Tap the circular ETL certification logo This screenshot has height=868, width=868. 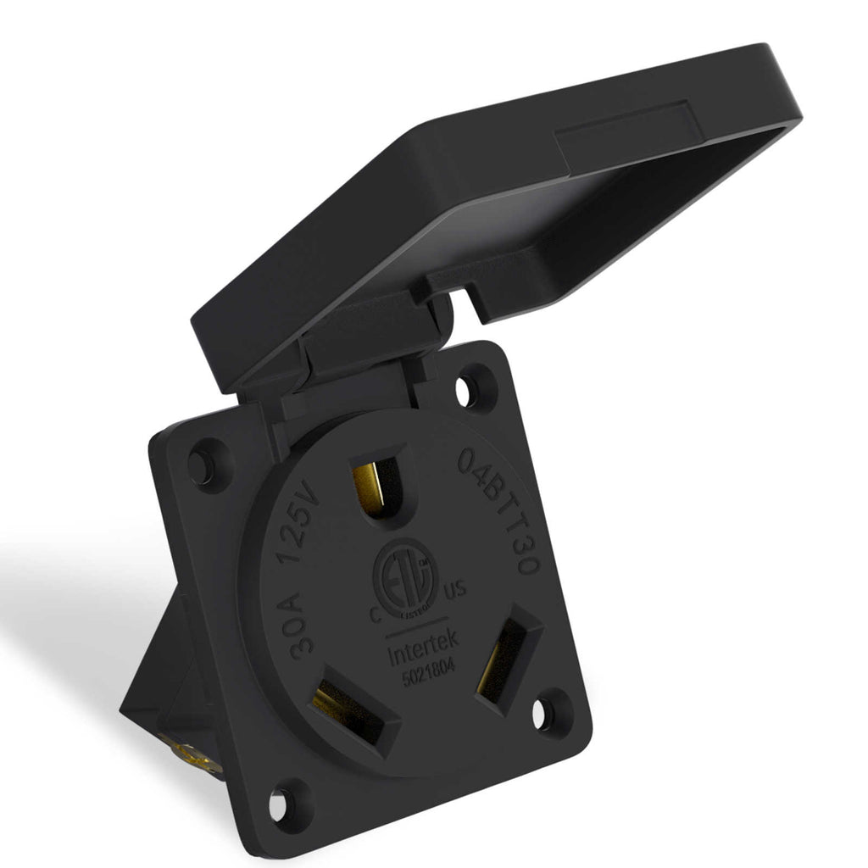coord(407,576)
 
